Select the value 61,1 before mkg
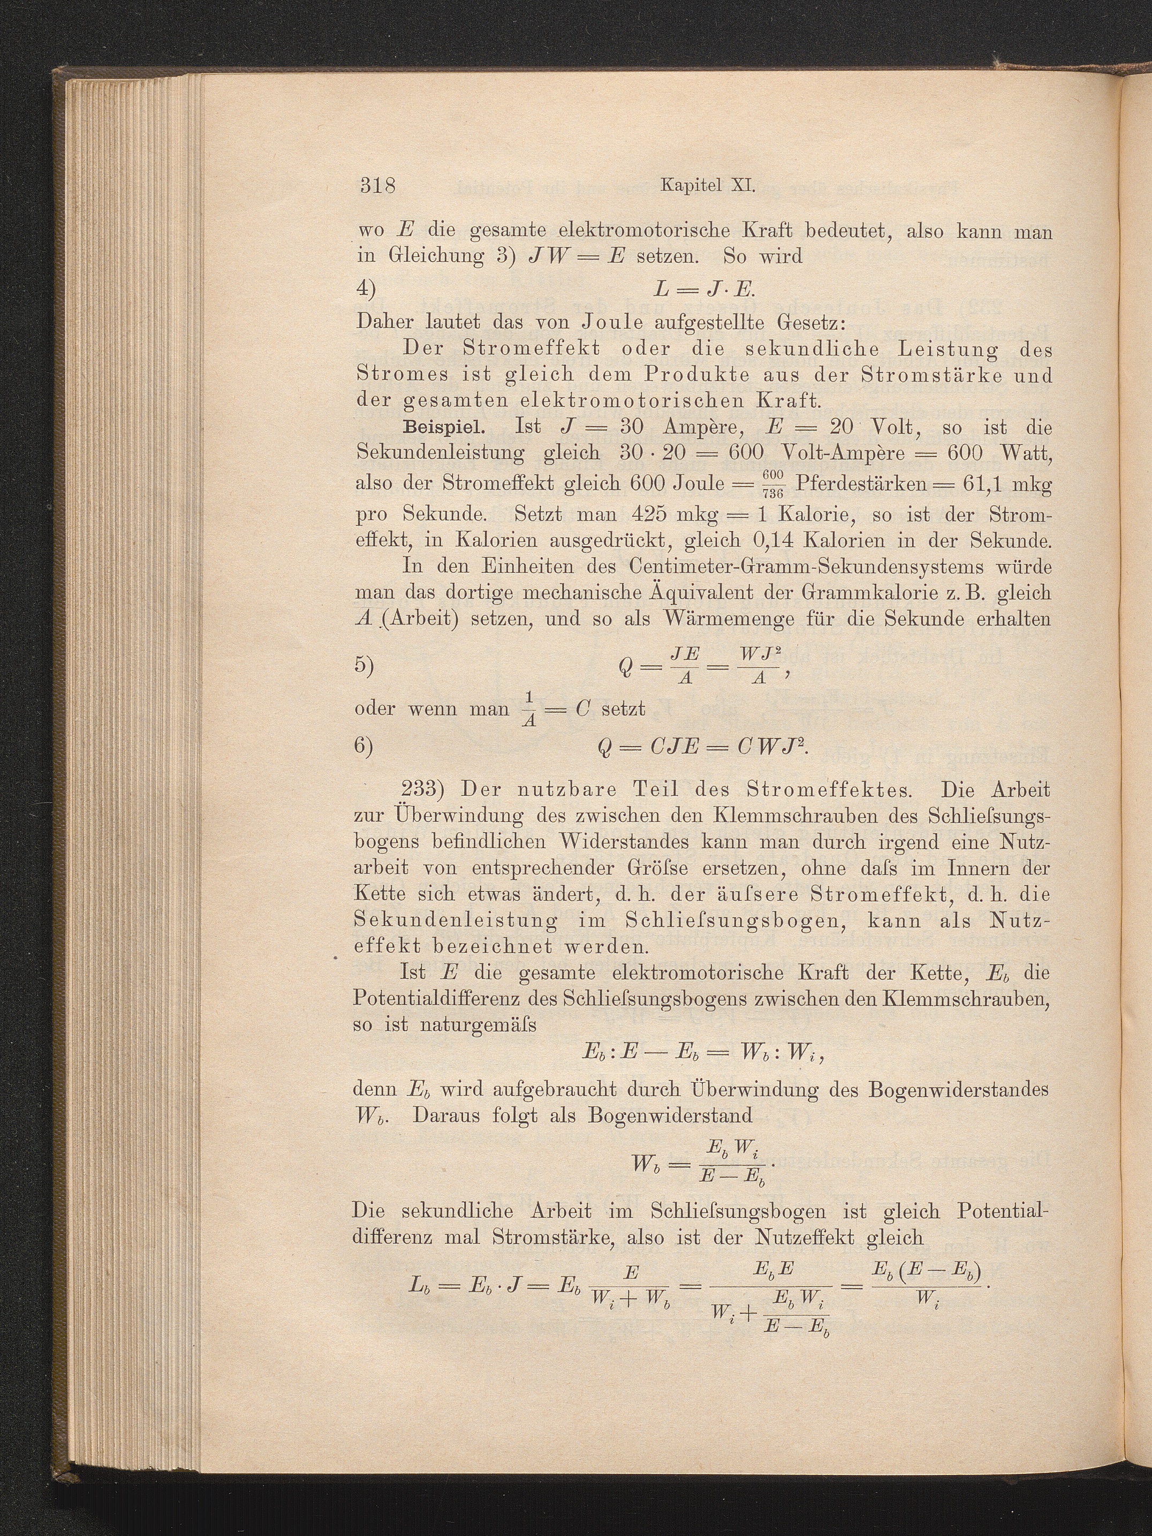click(970, 483)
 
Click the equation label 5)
click(365, 665)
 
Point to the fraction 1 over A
click(529, 710)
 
